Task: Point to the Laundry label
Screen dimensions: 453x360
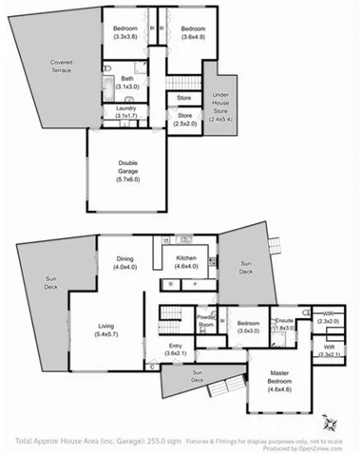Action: pos(126,112)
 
